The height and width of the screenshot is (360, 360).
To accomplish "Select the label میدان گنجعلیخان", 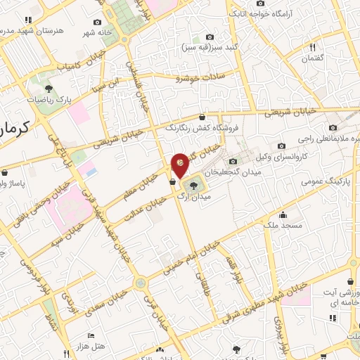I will coord(229,171).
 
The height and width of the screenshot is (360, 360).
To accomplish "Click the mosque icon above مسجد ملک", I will coord(283,214).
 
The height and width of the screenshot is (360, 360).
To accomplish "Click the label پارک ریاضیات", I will coord(51,101).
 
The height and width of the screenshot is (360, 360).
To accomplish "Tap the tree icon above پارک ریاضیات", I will coord(49,89).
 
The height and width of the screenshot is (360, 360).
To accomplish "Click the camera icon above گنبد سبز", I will coord(209,37).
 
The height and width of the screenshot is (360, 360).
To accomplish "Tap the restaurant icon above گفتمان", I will coord(314,47).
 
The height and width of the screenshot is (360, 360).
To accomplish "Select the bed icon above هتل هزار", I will coord(90,336).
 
